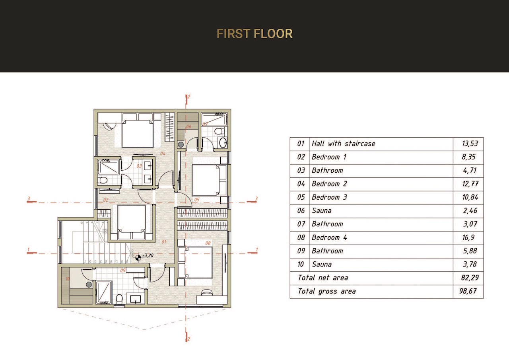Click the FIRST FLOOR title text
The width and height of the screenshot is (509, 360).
[x=254, y=34]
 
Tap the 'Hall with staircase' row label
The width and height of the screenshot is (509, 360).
[x=343, y=144]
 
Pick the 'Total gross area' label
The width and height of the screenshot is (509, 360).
[x=326, y=291]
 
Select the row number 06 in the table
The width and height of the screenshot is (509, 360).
[x=301, y=210]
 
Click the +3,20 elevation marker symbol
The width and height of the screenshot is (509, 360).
[x=138, y=257]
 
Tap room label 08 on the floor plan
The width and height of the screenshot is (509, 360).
[x=208, y=243]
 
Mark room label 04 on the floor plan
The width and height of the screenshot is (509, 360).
[x=163, y=153]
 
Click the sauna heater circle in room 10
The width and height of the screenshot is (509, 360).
[x=89, y=285]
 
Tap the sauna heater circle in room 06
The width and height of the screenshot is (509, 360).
[x=181, y=145]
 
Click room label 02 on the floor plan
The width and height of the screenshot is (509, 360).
[x=106, y=200]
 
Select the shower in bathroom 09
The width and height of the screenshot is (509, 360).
[x=104, y=292]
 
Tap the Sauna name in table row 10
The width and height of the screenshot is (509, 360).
[x=321, y=265]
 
